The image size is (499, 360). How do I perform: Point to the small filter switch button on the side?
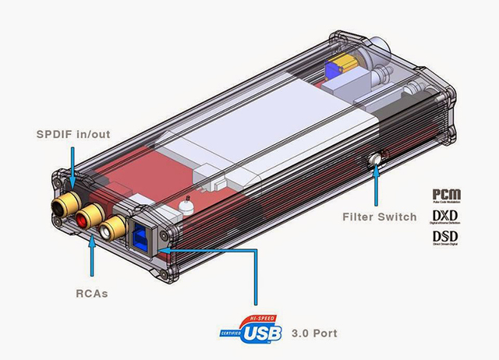click(x=377, y=161)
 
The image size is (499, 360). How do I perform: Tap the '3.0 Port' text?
click(x=313, y=334)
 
